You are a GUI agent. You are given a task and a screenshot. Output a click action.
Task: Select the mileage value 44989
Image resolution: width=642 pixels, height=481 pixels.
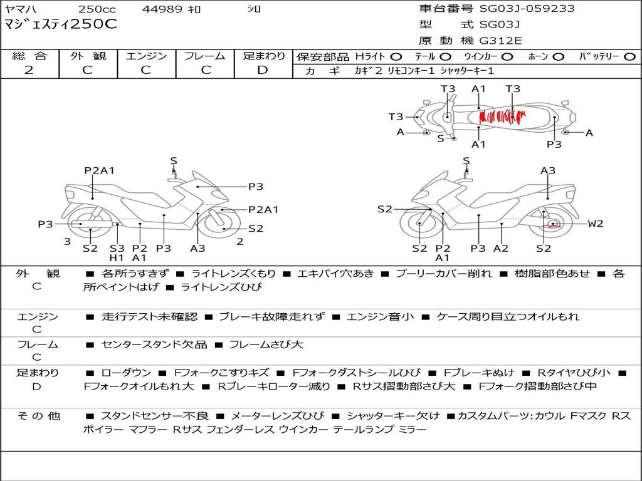[162, 9]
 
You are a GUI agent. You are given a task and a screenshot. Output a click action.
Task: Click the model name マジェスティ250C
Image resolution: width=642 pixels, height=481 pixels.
[61, 24]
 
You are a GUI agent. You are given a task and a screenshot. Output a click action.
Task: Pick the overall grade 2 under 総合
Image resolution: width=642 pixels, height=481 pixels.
[29, 70]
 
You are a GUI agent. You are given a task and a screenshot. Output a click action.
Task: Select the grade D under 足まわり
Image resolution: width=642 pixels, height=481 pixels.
[263, 70]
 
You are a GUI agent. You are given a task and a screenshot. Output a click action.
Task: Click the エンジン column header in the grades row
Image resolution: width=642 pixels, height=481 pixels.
[146, 56]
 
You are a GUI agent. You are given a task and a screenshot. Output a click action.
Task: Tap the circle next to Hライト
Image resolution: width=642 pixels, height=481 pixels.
[396, 56]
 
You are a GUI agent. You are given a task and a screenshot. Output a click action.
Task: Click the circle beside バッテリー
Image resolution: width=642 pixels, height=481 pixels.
[629, 56]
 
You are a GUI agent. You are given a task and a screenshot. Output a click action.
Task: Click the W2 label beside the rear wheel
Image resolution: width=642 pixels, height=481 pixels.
[596, 224]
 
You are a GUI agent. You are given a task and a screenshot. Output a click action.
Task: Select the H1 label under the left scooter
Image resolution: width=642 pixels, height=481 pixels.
[117, 257]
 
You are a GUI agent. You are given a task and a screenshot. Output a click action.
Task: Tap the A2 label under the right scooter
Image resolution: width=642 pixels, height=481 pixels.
[501, 248]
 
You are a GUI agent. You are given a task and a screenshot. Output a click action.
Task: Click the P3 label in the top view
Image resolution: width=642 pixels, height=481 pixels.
[554, 144]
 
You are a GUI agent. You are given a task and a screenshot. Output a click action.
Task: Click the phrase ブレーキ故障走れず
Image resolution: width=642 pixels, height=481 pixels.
[271, 317]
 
